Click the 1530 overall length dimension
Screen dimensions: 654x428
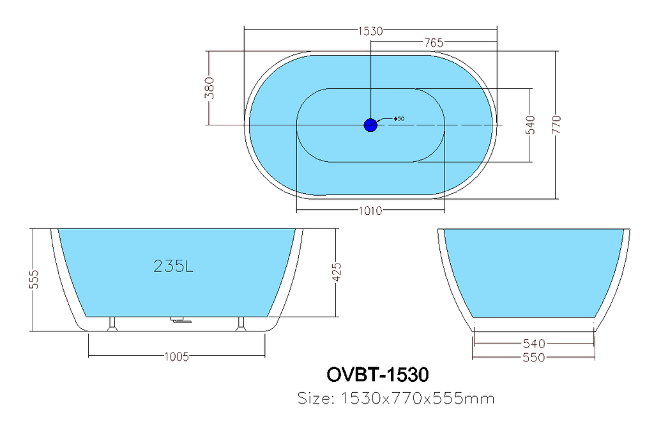click(x=370, y=31)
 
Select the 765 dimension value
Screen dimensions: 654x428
click(x=434, y=42)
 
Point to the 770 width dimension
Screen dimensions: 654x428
click(x=556, y=125)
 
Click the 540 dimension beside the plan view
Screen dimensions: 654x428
click(x=529, y=125)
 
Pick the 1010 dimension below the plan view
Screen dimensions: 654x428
click(x=370, y=210)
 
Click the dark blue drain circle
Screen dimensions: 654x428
click(x=370, y=125)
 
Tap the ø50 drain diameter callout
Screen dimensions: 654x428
click(x=399, y=119)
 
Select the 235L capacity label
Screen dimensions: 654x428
click(x=173, y=266)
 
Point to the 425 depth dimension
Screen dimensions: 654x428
click(x=337, y=272)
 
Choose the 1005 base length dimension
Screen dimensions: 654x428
click(x=177, y=356)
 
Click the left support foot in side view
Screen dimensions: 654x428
click(x=112, y=324)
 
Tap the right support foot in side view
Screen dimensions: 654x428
click(x=241, y=324)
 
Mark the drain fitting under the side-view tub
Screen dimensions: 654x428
click(x=180, y=320)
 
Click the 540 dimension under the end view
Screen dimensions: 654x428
click(x=534, y=344)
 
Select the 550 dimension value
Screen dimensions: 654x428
click(x=534, y=358)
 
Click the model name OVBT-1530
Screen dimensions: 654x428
click(x=377, y=374)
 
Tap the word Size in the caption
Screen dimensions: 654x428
click(x=316, y=398)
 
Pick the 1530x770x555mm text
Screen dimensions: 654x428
click(x=418, y=398)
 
